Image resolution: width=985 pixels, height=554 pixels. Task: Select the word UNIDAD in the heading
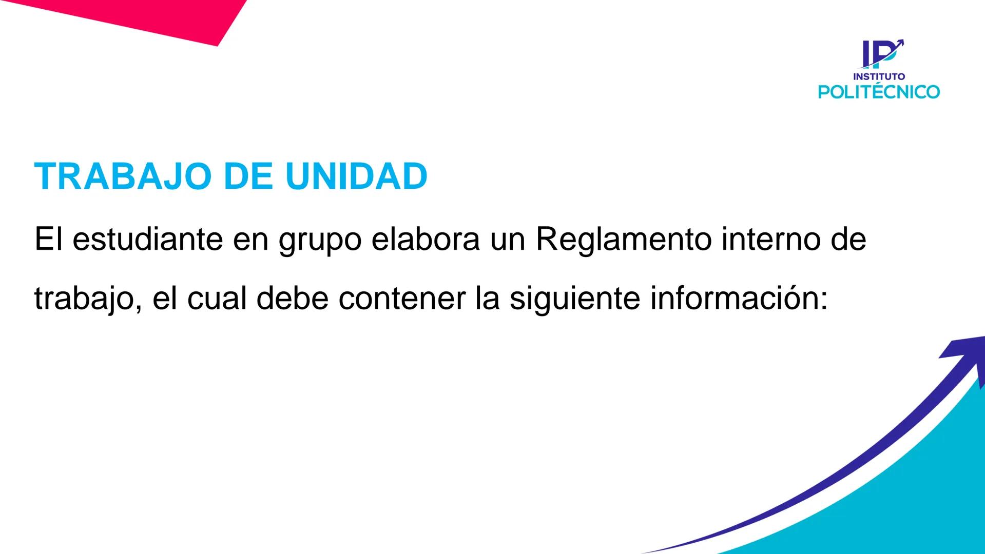click(356, 176)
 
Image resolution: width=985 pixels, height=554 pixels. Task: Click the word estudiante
click(148, 239)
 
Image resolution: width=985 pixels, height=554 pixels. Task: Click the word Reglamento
click(623, 239)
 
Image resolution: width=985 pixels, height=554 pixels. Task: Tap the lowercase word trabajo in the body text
click(85, 299)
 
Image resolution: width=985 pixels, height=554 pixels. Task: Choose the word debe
click(292, 299)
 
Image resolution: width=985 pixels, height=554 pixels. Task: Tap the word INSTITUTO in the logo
click(879, 76)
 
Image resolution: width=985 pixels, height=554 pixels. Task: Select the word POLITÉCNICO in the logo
click(879, 92)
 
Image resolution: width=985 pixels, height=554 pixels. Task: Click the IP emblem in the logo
click(881, 53)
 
